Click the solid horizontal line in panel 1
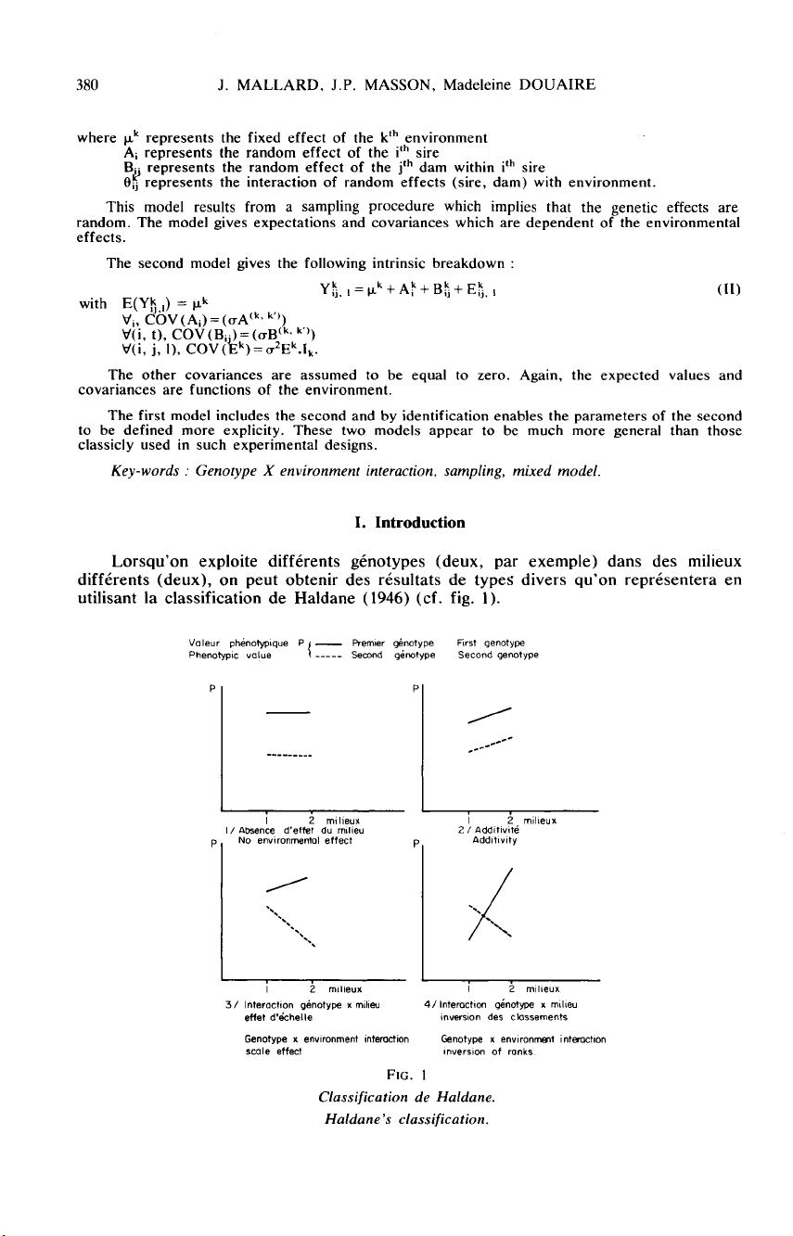point(287,712)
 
